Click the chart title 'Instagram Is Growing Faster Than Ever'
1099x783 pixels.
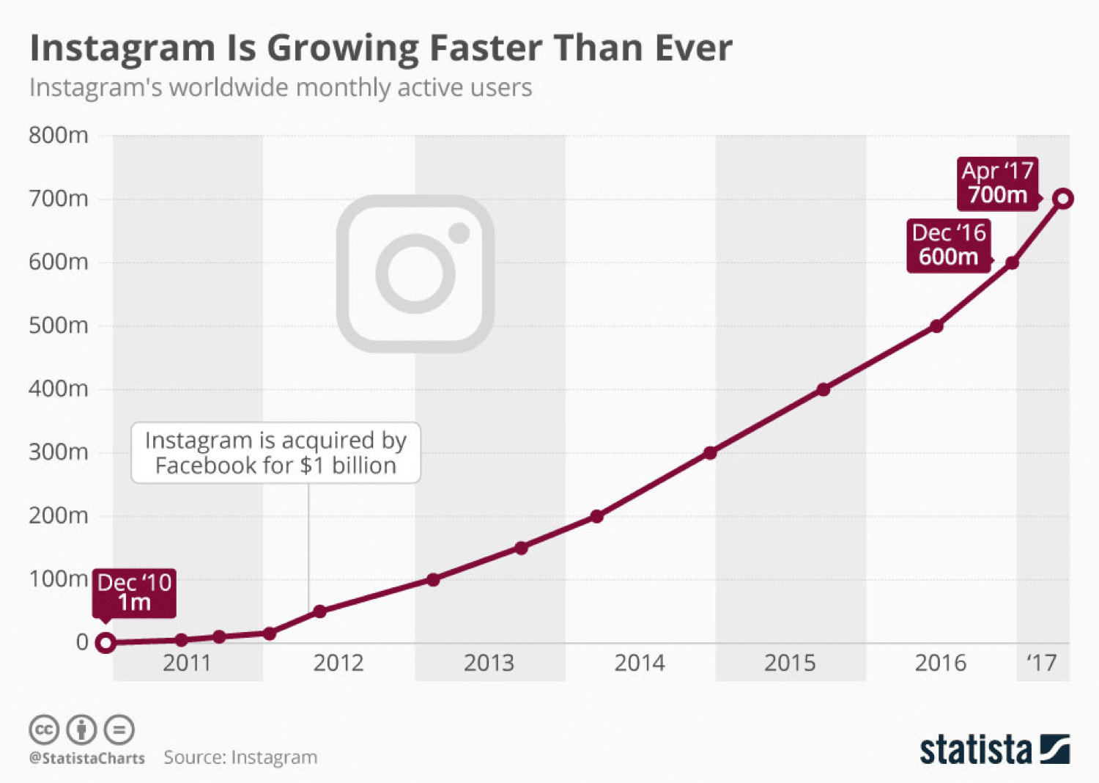coord(380,48)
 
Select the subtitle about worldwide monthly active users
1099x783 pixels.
coord(280,88)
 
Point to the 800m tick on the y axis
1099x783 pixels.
coord(59,136)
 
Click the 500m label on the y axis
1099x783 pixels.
coord(59,326)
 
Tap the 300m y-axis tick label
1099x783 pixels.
coord(59,452)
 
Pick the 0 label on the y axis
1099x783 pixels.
coord(82,642)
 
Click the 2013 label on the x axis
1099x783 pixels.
coord(489,663)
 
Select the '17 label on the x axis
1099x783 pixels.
coord(1041,663)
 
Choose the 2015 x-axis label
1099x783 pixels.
coord(790,663)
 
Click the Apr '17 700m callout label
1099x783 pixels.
coord(997,183)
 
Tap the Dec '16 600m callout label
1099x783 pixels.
coord(949,245)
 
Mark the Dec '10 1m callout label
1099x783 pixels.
coord(134,592)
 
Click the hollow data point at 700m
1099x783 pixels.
coord(1063,199)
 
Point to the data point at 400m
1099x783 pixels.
coord(824,389)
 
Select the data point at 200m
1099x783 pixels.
coord(597,516)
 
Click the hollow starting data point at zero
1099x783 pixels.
coord(106,643)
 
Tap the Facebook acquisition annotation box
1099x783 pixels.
coord(275,452)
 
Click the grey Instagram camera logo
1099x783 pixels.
coord(415,273)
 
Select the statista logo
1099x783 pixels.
coord(994,750)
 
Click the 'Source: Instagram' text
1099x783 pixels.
coord(240,757)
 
